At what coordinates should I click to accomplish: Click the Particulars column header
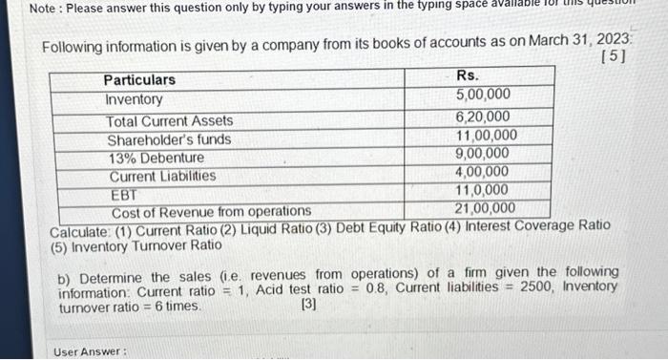[139, 79]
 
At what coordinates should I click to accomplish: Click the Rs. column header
[468, 74]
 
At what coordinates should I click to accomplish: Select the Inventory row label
[134, 99]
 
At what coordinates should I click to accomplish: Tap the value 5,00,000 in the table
[483, 95]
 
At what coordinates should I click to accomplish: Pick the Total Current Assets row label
[170, 121]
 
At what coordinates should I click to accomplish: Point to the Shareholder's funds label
[169, 139]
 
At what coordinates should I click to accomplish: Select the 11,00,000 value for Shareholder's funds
[487, 136]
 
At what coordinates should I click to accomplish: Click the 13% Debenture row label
[156, 158]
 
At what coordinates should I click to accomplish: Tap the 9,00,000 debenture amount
[483, 154]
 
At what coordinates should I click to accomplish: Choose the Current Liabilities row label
[162, 177]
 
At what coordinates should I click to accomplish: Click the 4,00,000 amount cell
[483, 172]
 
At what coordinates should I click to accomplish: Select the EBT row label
[123, 194]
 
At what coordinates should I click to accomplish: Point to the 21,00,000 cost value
[485, 208]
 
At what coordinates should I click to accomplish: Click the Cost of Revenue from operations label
[211, 211]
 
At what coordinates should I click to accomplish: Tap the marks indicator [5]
[615, 58]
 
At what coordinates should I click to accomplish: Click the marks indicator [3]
[308, 306]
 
